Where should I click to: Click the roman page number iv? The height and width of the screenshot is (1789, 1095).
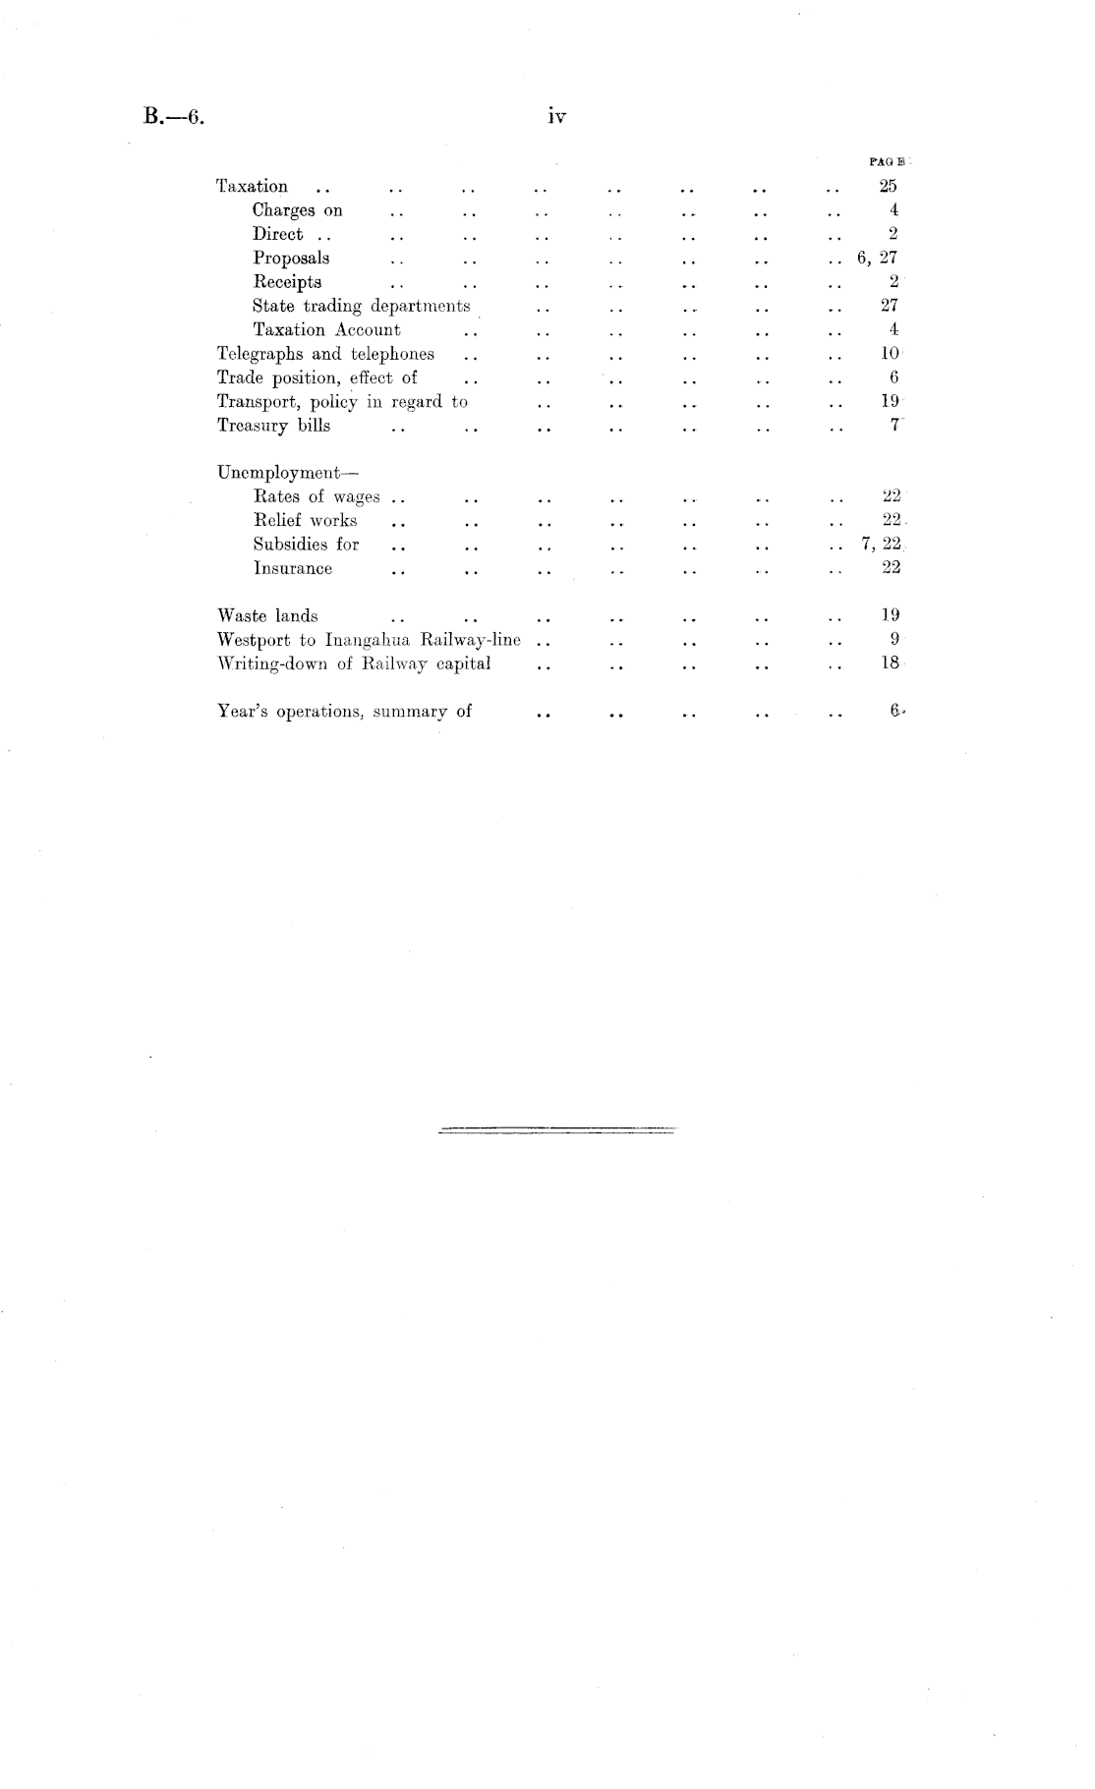click(557, 117)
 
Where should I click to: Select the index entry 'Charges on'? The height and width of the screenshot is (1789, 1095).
click(297, 210)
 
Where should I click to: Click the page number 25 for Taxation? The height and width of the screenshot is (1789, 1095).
click(888, 186)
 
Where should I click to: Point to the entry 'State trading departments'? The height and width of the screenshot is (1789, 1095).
click(361, 306)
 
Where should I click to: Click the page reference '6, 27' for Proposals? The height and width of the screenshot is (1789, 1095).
click(877, 258)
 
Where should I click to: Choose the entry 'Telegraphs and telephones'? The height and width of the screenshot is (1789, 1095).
click(325, 354)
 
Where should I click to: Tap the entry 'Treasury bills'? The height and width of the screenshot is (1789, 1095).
click(273, 426)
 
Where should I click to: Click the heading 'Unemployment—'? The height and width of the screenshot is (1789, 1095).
click(277, 473)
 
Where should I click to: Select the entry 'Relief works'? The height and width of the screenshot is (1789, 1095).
click(305, 521)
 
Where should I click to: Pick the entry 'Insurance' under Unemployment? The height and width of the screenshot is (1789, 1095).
click(292, 568)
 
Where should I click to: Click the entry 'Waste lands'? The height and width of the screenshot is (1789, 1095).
click(267, 616)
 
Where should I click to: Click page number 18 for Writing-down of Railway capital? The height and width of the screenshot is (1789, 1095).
click(891, 664)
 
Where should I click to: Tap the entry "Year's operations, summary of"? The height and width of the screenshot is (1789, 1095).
click(344, 712)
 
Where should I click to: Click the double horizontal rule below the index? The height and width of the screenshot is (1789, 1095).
click(557, 1130)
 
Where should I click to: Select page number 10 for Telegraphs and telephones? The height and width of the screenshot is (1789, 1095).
click(890, 354)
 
